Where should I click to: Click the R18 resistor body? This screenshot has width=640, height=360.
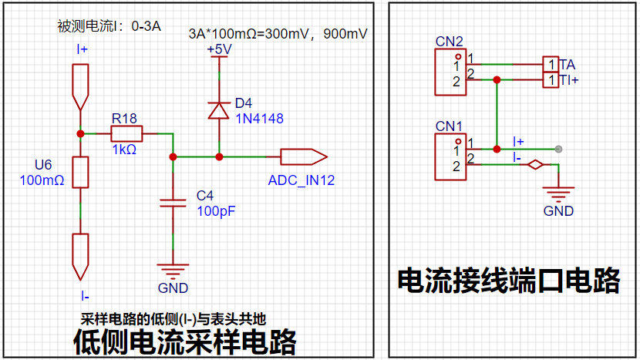click(126, 134)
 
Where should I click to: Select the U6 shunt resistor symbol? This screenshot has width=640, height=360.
click(80, 172)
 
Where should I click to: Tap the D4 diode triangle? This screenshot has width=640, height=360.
click(219, 110)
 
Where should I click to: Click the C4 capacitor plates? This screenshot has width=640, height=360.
click(173, 203)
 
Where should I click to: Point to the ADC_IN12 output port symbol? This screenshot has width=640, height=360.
click(304, 156)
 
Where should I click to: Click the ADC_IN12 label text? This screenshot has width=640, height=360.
click(301, 180)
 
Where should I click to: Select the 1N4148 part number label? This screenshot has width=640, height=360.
click(260, 119)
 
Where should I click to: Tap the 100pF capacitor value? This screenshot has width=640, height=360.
click(216, 211)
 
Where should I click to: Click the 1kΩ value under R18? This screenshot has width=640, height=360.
click(124, 150)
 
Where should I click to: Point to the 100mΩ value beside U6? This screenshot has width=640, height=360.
click(42, 180)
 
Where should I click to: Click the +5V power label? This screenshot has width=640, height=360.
click(219, 49)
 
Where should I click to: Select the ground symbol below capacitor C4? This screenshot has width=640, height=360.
click(173, 271)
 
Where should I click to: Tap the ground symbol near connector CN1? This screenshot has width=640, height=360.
click(558, 194)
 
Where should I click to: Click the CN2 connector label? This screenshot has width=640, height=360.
click(449, 42)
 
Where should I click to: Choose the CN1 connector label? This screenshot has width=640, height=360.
click(449, 126)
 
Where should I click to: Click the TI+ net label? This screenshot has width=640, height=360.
click(569, 80)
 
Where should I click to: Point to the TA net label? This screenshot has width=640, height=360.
click(568, 65)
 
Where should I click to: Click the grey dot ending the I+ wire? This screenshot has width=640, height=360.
click(558, 149)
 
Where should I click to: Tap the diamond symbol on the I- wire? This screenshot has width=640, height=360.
click(535, 164)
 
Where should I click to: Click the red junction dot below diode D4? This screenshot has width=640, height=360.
click(219, 156)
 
